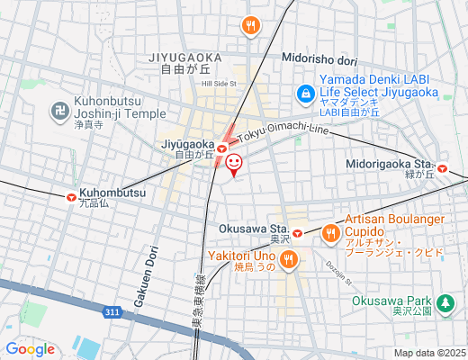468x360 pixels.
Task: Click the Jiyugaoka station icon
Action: click(x=221, y=144)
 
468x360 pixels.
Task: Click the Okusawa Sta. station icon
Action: click(x=296, y=236)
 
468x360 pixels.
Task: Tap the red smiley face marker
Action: click(x=234, y=163)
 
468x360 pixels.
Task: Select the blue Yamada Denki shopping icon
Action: click(x=306, y=93)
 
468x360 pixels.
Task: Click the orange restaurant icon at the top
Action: click(x=249, y=27)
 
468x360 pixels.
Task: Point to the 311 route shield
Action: click(x=111, y=312)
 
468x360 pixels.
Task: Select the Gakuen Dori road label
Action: click(x=141, y=280)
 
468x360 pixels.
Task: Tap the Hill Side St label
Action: click(x=219, y=83)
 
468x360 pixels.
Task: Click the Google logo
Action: click(x=30, y=349)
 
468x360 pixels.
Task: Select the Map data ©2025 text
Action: click(x=428, y=353)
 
